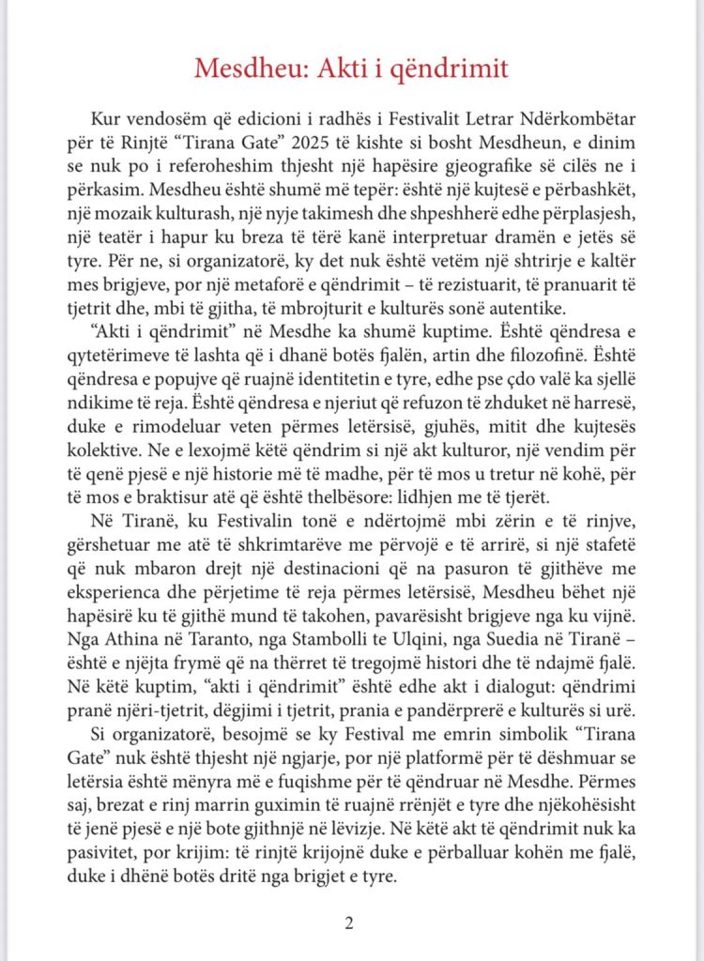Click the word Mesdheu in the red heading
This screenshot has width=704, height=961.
[x=246, y=69]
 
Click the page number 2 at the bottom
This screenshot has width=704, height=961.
[x=349, y=923]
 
